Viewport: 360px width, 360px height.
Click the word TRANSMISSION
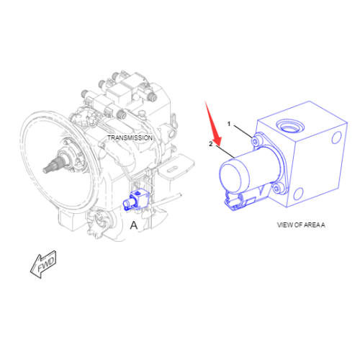(x=130, y=138)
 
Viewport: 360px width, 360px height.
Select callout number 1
(x=230, y=124)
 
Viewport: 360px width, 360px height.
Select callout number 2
(x=210, y=144)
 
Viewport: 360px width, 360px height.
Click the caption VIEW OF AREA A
(x=301, y=225)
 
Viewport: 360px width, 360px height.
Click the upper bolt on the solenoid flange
(x=254, y=143)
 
